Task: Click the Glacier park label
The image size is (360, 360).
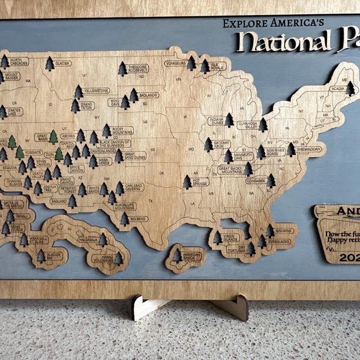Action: [x=62, y=63]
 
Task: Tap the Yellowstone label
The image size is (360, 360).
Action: [x=96, y=91]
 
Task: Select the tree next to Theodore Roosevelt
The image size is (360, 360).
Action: [x=122, y=68]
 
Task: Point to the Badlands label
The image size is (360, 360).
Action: [x=148, y=95]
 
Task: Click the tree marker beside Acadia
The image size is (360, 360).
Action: [x=350, y=89]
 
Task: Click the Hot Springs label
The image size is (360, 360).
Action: [x=201, y=181]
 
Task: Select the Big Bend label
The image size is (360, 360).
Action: [x=138, y=219]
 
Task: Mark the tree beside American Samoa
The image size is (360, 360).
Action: [x=178, y=256]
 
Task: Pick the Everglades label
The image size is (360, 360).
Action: [x=279, y=242]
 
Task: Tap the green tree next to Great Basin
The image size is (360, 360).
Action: [x=53, y=137]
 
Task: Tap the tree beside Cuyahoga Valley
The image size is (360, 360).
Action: [x=263, y=125]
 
